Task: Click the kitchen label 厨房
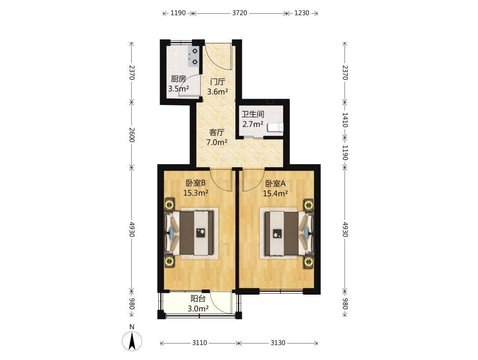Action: coord(178,79)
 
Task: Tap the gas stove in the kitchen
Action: coord(193,57)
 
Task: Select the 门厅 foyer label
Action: coord(218,82)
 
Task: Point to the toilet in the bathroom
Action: coord(275,127)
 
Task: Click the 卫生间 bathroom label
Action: coord(253,114)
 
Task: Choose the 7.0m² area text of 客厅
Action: coord(217,142)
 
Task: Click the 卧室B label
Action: coord(196,183)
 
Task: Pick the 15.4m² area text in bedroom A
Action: coord(276,193)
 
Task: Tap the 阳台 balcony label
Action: coord(198,299)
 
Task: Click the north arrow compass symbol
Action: coord(132,341)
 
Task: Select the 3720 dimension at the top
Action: coord(240,13)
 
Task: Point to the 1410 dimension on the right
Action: coord(345,120)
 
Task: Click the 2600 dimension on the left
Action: coord(132,135)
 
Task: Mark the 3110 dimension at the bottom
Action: coord(199,343)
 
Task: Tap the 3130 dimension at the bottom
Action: coord(278,343)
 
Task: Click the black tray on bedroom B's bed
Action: coord(200,233)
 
